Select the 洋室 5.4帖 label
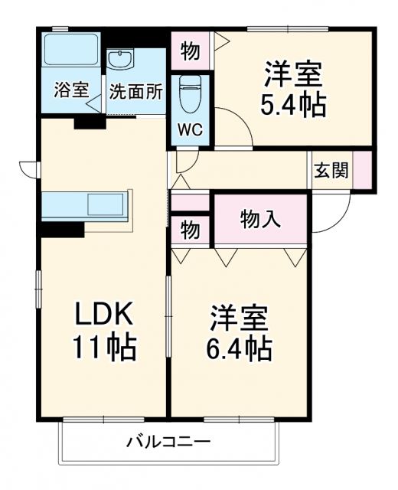click(x=295, y=90)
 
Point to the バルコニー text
click(x=168, y=442)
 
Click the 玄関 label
click(x=331, y=170)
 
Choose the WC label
click(x=191, y=129)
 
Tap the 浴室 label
click(x=70, y=90)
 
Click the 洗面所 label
click(x=135, y=90)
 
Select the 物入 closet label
click(x=260, y=218)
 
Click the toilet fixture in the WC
click(x=190, y=96)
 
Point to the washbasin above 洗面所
click(x=121, y=60)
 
